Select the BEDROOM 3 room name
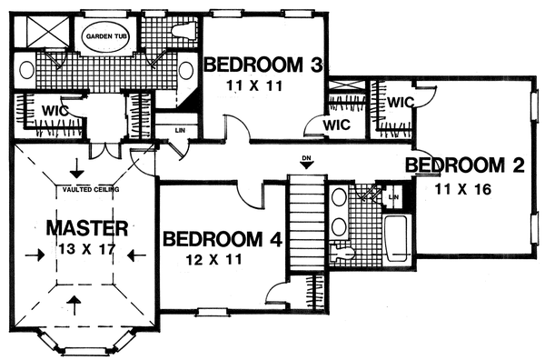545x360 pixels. point(263,65)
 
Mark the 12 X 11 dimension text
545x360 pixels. point(222,262)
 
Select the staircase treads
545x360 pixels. point(306,223)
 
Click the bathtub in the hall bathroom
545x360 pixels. point(397,239)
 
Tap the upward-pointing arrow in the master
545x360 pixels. point(75,302)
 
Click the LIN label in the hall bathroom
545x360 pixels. point(394,196)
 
